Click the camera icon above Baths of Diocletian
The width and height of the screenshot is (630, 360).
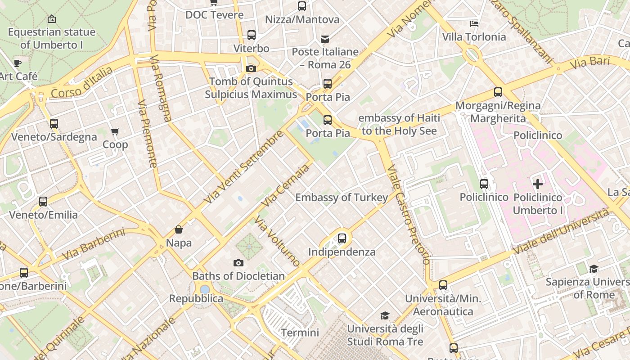coord(238,263)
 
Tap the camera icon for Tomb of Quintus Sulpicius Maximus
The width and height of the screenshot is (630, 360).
coord(251,68)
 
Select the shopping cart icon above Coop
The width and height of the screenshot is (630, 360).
coord(115,131)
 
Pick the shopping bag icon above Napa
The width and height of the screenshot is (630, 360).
coord(179,230)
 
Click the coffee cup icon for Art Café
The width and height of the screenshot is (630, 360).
coord(18,63)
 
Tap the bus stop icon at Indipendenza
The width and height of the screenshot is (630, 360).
coord(342,238)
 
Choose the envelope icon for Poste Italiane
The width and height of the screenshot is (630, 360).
coord(325,39)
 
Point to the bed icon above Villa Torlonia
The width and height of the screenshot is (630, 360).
coord(474,23)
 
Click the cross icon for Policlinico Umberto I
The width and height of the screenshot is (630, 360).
coord(537,184)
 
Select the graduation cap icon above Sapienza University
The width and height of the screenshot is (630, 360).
coord(594,269)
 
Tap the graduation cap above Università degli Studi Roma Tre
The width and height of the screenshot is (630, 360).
coord(385,315)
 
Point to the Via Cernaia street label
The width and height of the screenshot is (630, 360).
coord(285,185)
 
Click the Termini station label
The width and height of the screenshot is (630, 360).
coord(300,333)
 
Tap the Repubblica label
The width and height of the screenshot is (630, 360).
coord(196,298)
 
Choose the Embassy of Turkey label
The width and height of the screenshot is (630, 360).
coord(341,198)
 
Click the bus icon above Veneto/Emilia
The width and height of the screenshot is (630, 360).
coord(43,201)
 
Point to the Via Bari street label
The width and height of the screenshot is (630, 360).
coord(589,63)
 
